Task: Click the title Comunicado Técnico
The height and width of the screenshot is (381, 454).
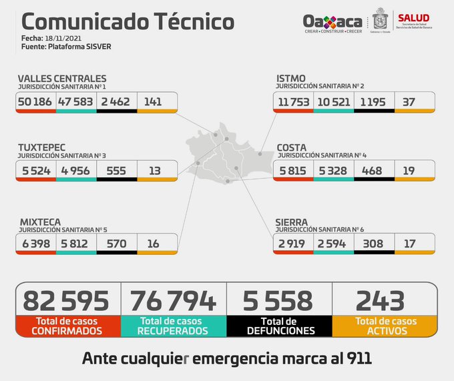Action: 124,21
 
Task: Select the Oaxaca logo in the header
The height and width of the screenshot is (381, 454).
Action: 332,23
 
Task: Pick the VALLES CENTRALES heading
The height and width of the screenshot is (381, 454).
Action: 61,79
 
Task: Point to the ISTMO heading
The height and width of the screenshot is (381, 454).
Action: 291,79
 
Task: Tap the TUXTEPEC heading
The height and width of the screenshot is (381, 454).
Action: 45,147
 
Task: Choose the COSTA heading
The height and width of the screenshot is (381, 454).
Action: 292,147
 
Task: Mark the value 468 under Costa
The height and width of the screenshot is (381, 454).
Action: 373,170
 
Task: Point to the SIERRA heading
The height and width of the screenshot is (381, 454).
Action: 292,222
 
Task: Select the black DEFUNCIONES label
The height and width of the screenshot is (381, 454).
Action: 280,330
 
